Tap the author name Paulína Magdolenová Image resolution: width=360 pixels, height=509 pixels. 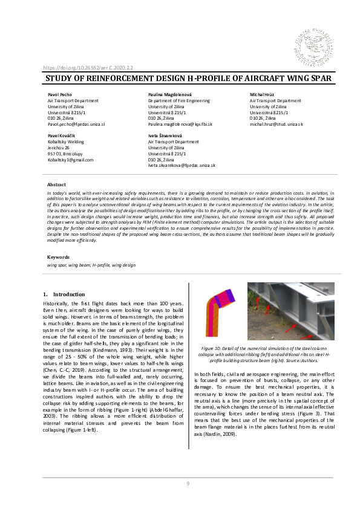tap(171, 96)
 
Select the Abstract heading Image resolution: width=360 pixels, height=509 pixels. tap(56, 184)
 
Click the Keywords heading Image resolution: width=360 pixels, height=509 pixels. tap(58, 257)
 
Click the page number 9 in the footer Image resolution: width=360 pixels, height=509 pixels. tap(188, 484)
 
